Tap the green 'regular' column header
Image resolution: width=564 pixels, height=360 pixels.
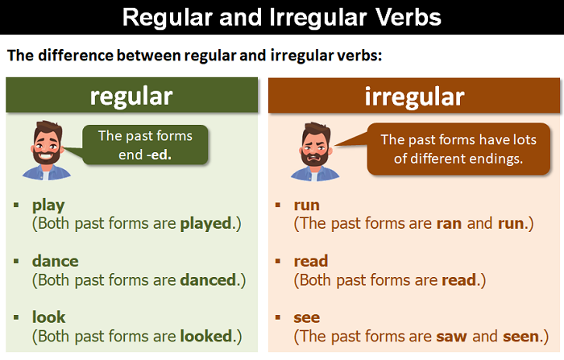click(131, 95)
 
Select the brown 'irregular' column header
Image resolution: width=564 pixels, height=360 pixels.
click(414, 96)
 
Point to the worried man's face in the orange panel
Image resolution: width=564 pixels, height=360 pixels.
click(315, 147)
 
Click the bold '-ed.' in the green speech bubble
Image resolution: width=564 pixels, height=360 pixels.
click(159, 155)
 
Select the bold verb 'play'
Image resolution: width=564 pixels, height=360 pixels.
click(48, 205)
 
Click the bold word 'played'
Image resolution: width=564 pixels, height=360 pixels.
click(206, 224)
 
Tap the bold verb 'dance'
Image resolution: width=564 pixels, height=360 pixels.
click(55, 261)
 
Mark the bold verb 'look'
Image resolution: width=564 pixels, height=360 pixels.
click(49, 317)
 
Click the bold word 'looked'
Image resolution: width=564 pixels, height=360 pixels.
click(206, 337)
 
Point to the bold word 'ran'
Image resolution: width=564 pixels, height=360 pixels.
click(450, 224)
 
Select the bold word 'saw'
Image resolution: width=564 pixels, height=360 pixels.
click(451, 337)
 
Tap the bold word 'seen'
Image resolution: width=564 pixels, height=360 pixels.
click(521, 337)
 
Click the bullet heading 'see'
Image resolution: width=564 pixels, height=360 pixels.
click(306, 318)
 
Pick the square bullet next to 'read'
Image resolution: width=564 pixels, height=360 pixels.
click(277, 262)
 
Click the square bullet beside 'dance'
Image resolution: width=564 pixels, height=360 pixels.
click(16, 262)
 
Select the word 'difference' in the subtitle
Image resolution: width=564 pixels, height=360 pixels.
click(76, 56)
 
